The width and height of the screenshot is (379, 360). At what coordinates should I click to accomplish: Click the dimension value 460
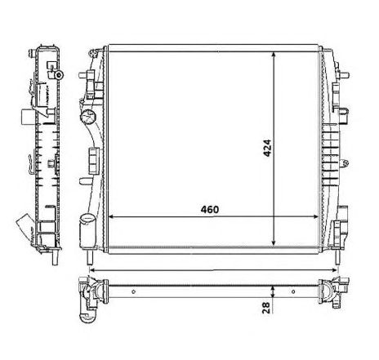click(210, 209)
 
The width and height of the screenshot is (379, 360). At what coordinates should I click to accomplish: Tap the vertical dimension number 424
click(267, 148)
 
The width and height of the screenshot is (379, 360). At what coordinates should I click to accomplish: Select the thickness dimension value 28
click(266, 308)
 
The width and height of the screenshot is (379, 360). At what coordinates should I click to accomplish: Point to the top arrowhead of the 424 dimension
click(274, 55)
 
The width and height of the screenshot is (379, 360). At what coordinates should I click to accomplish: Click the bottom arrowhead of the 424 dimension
click(274, 242)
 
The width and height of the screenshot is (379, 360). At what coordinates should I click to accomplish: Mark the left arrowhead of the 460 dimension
click(112, 217)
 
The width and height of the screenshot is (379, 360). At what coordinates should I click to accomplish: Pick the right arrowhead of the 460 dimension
click(315, 217)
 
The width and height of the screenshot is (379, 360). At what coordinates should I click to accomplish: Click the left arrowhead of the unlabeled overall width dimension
click(93, 270)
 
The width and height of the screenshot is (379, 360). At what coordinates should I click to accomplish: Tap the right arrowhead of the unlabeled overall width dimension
click(334, 270)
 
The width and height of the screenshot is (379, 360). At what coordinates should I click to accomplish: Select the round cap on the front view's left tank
click(88, 117)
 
